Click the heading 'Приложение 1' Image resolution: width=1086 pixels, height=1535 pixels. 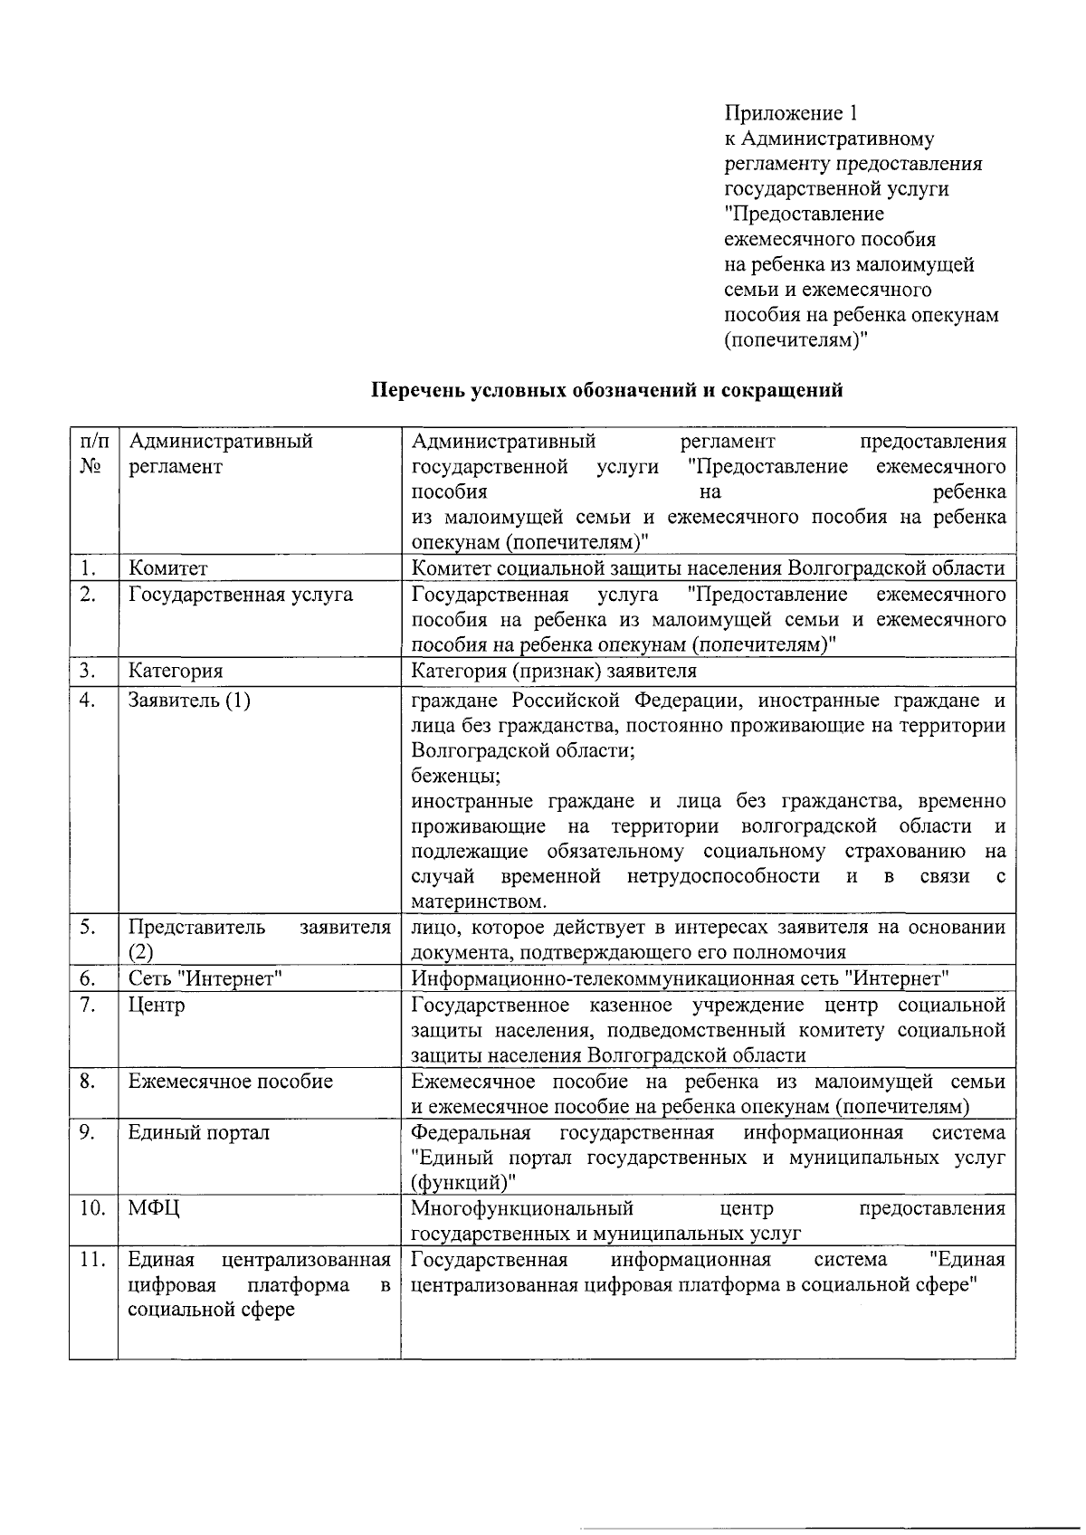coord(790,113)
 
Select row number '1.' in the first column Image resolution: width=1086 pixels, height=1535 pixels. coord(88,568)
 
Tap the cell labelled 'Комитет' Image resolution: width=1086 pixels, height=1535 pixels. coord(168,568)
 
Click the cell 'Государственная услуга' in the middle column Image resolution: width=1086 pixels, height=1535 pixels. coord(241,595)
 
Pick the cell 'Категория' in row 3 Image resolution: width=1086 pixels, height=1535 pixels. coord(176,671)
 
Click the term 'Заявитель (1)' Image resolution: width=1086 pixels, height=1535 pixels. coord(189,701)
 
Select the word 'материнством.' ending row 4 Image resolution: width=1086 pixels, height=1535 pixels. coord(479,902)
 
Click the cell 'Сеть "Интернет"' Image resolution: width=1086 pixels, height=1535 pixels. coord(206,978)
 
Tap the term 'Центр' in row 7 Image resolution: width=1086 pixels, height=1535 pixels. coord(157,1005)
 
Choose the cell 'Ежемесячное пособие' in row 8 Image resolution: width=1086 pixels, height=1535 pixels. coord(231,1081)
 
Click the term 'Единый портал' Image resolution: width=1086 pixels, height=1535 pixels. coord(199,1132)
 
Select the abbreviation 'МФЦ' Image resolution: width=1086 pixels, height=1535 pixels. coord(154,1208)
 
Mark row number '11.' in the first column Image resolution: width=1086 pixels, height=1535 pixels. coord(92,1260)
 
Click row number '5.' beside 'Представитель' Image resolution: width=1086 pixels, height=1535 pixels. coord(88,928)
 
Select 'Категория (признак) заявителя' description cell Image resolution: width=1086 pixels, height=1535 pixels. coord(554,671)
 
